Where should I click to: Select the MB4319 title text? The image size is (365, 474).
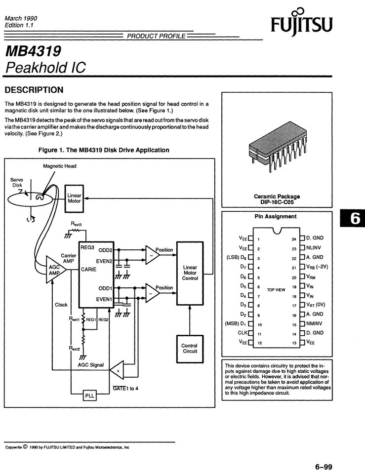tap(33, 51)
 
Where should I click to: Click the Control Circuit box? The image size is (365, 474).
tap(190, 349)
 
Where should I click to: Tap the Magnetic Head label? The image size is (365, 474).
tap(60, 166)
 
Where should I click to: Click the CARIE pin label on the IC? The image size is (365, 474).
tap(89, 270)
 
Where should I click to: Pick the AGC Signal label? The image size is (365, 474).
tap(91, 365)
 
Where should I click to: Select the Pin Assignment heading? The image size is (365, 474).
tap(276, 216)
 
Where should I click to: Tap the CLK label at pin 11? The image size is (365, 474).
tap(243, 333)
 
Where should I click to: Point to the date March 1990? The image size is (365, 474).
tap(21, 18)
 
